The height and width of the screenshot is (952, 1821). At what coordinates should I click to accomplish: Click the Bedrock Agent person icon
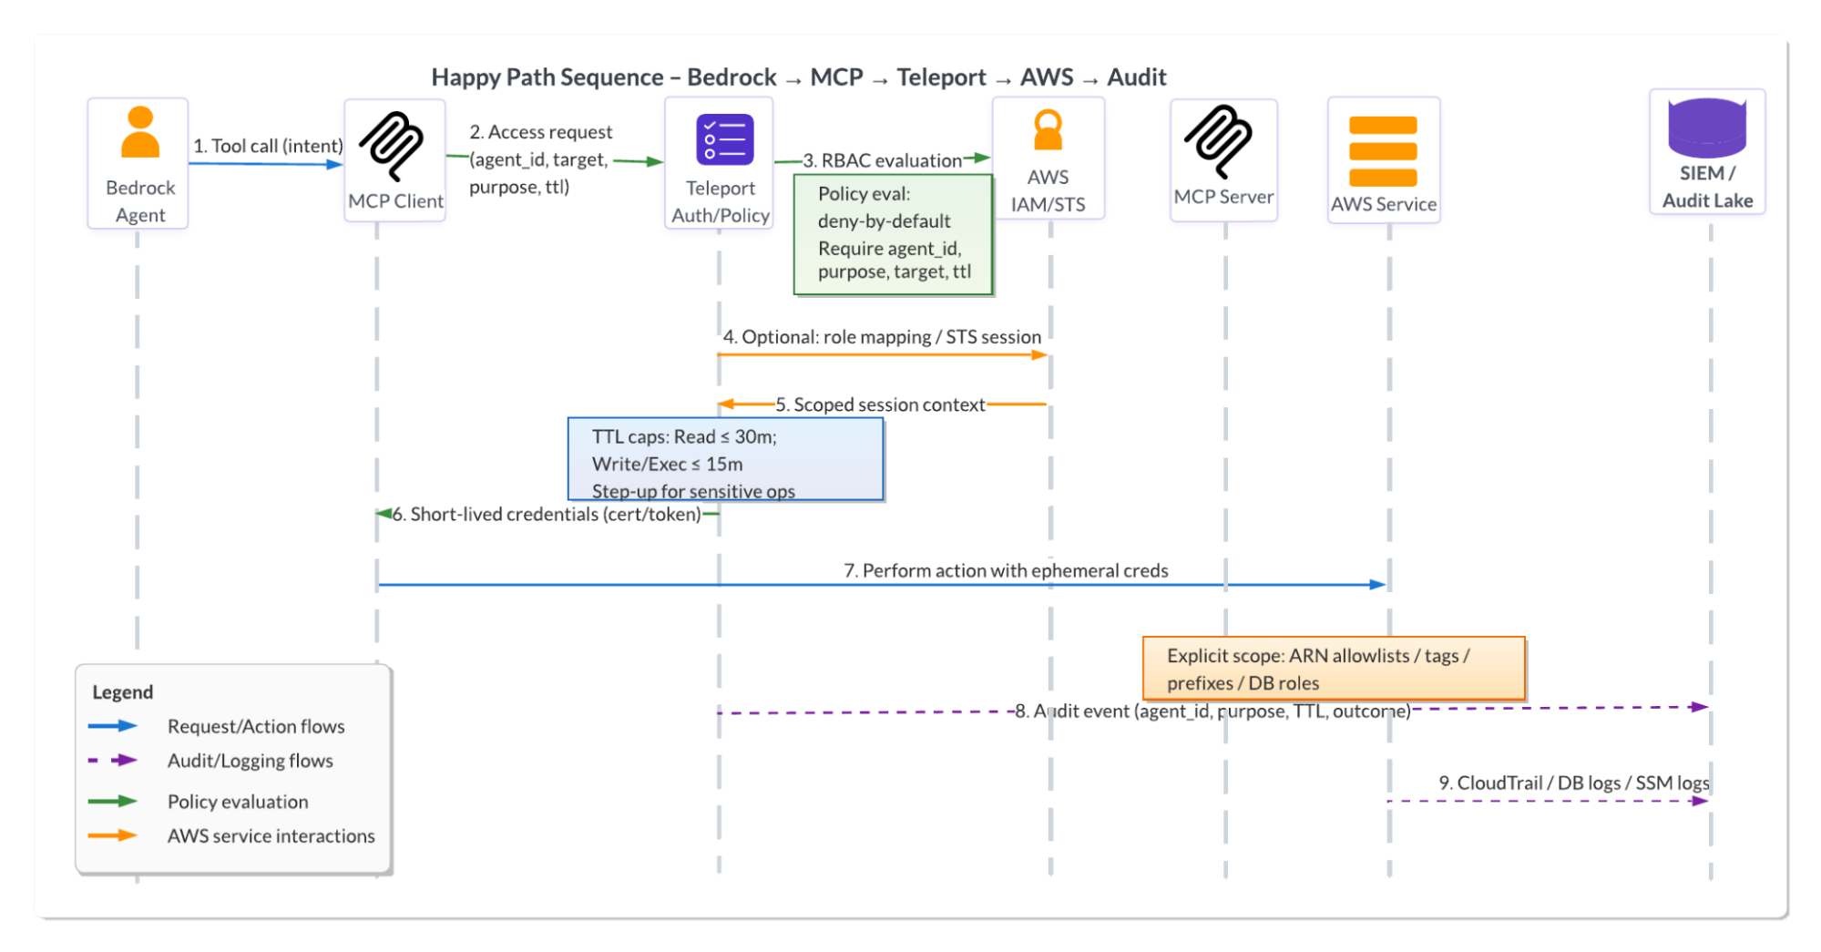click(140, 133)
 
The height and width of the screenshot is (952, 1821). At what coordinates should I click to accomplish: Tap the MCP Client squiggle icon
click(392, 146)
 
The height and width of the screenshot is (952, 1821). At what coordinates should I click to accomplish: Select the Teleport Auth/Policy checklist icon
click(724, 139)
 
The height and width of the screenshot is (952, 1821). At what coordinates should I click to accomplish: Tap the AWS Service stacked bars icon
click(1383, 151)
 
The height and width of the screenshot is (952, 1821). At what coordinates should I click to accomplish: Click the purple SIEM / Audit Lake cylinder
click(1707, 128)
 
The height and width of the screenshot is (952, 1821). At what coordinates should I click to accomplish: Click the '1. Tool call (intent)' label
click(268, 146)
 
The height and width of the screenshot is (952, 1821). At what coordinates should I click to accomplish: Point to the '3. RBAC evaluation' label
click(882, 161)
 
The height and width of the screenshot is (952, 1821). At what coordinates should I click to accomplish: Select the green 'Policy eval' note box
click(893, 234)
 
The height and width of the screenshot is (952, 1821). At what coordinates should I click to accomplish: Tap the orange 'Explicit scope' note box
click(1333, 669)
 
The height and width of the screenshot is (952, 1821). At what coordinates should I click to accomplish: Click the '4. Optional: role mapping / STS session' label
click(882, 337)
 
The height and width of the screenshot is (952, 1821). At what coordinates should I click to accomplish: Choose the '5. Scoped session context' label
click(880, 404)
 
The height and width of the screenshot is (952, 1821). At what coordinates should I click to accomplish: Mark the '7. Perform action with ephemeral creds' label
click(1006, 570)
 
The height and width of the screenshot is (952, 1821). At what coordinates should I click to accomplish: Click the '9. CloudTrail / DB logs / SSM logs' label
click(1573, 783)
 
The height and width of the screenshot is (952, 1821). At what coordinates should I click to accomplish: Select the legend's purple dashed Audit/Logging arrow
click(113, 761)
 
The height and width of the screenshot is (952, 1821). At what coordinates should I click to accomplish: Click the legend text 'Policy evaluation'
click(238, 802)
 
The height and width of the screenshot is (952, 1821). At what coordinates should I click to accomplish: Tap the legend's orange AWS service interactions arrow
click(113, 835)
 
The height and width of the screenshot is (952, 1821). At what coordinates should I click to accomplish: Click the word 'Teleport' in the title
click(941, 77)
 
